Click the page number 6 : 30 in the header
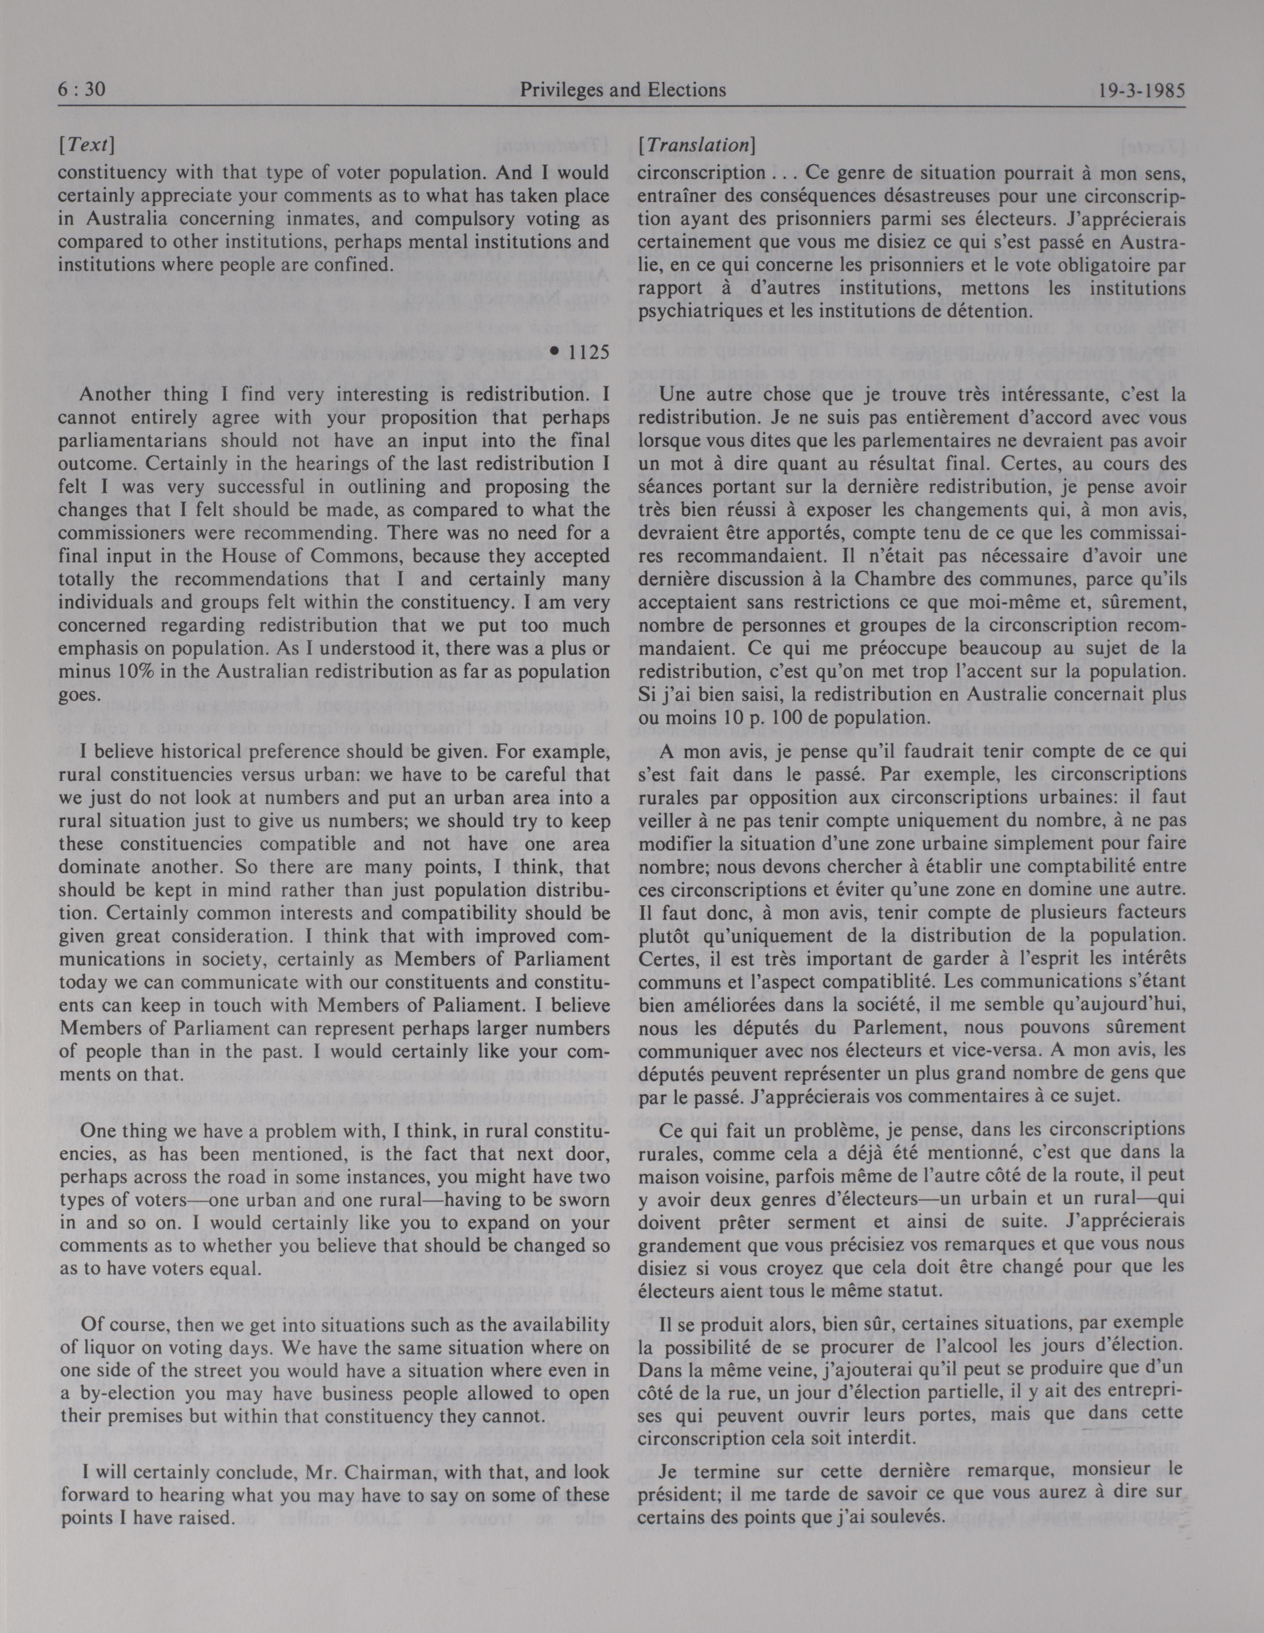(x=82, y=91)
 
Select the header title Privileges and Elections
(x=622, y=91)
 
